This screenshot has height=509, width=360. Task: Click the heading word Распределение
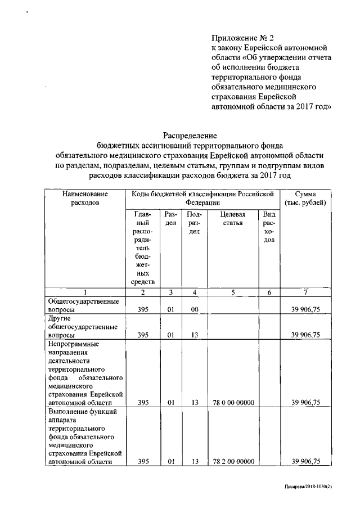pyautogui.click(x=190, y=136)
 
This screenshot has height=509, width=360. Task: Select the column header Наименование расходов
pyautogui.click(x=85, y=198)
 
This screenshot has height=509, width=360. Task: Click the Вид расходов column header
pyautogui.click(x=269, y=227)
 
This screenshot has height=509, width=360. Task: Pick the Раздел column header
pyautogui.click(x=170, y=219)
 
